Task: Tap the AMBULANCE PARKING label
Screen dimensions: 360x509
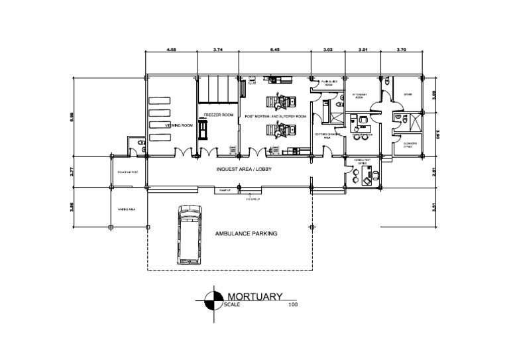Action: [x=245, y=234]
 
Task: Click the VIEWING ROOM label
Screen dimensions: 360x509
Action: [x=179, y=125]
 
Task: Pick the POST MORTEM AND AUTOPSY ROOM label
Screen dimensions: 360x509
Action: [x=276, y=116]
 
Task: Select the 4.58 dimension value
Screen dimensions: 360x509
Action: [x=171, y=50]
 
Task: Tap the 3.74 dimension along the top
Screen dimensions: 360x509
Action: [x=218, y=50]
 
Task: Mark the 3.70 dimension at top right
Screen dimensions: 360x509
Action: [x=402, y=50]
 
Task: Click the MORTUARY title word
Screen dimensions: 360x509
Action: [x=255, y=296]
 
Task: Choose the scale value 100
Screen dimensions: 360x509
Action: [x=293, y=305]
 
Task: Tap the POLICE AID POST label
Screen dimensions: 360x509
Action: [x=127, y=172]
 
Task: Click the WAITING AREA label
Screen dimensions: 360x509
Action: [x=127, y=209]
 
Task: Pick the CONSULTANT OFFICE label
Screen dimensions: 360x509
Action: [x=362, y=162]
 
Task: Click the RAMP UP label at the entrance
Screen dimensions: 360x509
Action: [x=225, y=190]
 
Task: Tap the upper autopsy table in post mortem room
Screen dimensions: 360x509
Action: [x=280, y=101]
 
